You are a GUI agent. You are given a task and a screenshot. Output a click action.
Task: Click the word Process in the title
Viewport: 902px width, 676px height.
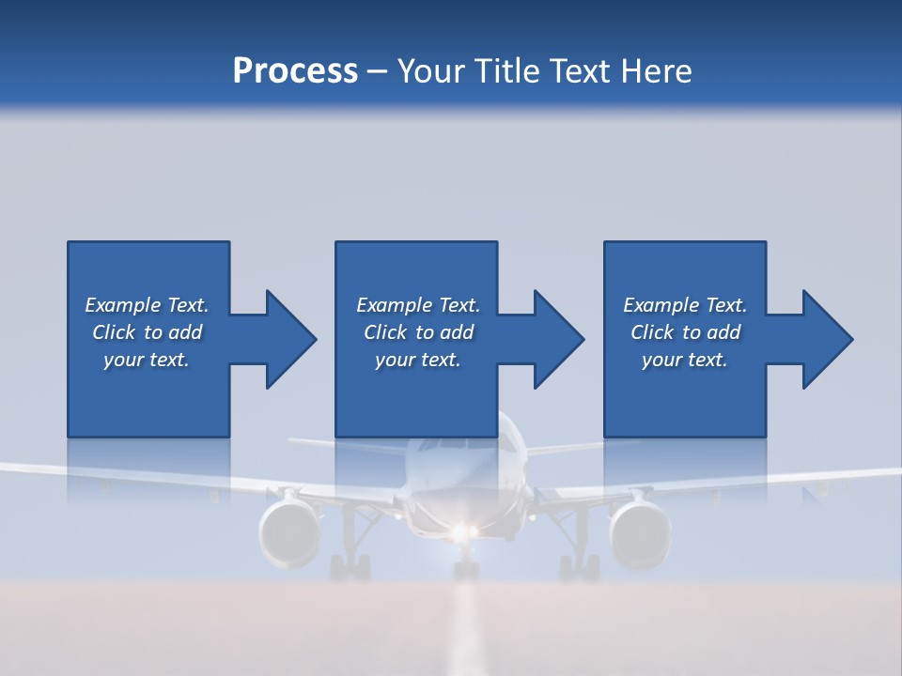click(x=295, y=71)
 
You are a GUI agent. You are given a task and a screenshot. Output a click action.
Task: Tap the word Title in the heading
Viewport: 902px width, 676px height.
click(x=508, y=71)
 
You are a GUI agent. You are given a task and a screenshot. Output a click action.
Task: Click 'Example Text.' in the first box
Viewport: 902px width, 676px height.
click(x=147, y=305)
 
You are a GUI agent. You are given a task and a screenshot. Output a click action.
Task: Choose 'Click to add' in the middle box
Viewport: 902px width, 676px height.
click(x=418, y=332)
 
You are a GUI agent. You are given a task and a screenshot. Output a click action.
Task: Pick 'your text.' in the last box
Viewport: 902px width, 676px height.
click(x=684, y=360)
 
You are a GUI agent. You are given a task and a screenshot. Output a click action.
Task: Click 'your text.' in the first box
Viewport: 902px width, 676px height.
click(x=147, y=360)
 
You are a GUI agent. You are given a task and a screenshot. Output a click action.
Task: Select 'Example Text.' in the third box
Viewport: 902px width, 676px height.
click(x=684, y=305)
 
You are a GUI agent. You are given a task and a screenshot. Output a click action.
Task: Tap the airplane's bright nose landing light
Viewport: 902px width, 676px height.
click(x=459, y=533)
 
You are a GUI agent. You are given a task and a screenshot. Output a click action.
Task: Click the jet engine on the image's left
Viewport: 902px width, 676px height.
click(x=289, y=533)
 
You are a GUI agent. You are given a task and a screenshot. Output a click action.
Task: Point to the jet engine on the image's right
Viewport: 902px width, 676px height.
click(x=640, y=533)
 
